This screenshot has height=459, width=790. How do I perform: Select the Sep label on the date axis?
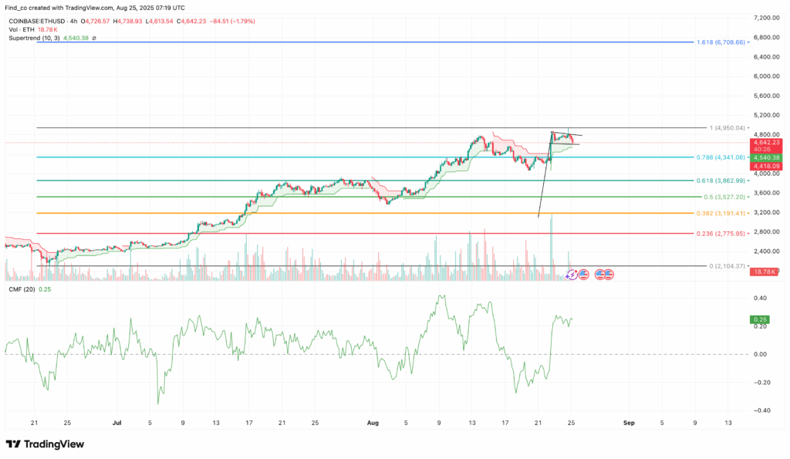click(x=629, y=423)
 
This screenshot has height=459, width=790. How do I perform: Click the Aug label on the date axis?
click(x=373, y=423)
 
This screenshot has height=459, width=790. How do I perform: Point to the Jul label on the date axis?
click(x=117, y=423)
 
